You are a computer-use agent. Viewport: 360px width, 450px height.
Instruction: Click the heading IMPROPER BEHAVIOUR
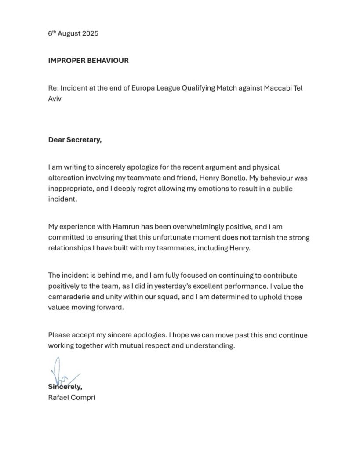tap(88, 61)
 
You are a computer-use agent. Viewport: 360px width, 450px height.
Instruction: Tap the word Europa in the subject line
tap(146, 88)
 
